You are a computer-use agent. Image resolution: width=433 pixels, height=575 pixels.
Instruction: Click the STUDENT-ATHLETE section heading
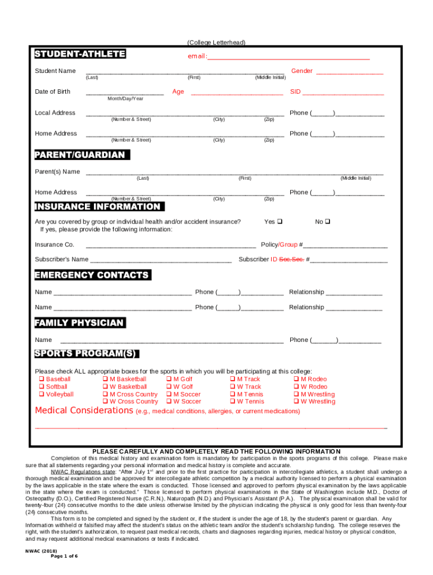pyautogui.click(x=80, y=54)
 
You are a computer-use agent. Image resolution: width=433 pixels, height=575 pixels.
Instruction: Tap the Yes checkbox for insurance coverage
pyautogui.click(x=280, y=222)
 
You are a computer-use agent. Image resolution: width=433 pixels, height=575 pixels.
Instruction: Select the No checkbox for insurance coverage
pyautogui.click(x=327, y=222)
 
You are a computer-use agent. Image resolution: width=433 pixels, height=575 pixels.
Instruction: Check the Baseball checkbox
pyautogui.click(x=41, y=379)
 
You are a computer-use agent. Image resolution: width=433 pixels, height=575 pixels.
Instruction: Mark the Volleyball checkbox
pyautogui.click(x=41, y=394)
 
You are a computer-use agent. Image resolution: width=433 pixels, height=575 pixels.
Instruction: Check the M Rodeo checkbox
pyautogui.click(x=296, y=379)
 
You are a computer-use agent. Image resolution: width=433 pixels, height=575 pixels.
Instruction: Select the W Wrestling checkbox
pyautogui.click(x=296, y=401)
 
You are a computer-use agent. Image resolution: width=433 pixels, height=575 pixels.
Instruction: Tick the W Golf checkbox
pyautogui.click(x=169, y=387)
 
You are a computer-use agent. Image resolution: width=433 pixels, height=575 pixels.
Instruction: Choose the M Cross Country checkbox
pyautogui.click(x=105, y=394)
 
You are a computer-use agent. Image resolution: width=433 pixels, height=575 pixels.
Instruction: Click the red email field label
pyautogui.click(x=197, y=57)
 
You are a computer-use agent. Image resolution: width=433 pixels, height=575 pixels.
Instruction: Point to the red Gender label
pyautogui.click(x=301, y=71)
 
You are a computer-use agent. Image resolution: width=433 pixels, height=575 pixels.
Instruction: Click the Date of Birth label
pyautogui.click(x=53, y=92)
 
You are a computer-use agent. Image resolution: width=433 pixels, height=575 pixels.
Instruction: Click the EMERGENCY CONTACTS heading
pyautogui.click(x=92, y=275)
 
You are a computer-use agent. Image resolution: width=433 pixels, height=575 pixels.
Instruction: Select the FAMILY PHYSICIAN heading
pyautogui.click(x=79, y=323)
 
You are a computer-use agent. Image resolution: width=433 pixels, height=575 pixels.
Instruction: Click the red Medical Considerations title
pyautogui.click(x=84, y=410)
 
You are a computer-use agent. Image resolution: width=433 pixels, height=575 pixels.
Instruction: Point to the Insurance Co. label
pyautogui.click(x=55, y=245)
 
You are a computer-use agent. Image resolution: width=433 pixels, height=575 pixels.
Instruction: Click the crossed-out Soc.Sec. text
pyautogui.click(x=292, y=259)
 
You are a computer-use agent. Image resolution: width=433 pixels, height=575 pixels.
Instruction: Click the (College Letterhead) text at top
pyautogui.click(x=216, y=43)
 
